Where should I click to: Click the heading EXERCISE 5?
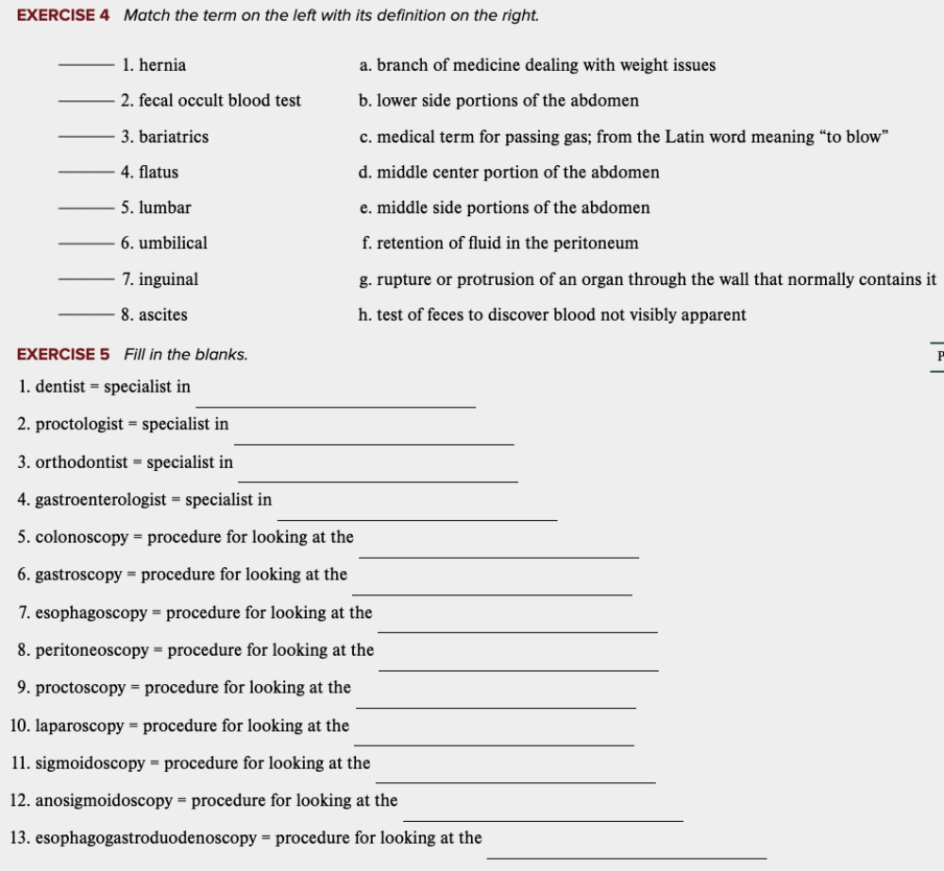coord(63,355)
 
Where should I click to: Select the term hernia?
coord(161,65)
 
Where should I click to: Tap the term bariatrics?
coord(173,137)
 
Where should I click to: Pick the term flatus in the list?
coord(158,173)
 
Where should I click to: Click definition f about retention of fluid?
coord(499,243)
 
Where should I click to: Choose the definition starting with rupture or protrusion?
coord(648,279)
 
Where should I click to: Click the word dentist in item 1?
coord(60,387)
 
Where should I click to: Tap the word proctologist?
coord(79,425)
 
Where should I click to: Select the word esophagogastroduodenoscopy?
coord(146,838)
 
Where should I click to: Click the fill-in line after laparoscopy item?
coord(494,744)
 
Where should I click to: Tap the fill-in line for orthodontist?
coord(378,480)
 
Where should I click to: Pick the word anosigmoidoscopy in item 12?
coord(104,801)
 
